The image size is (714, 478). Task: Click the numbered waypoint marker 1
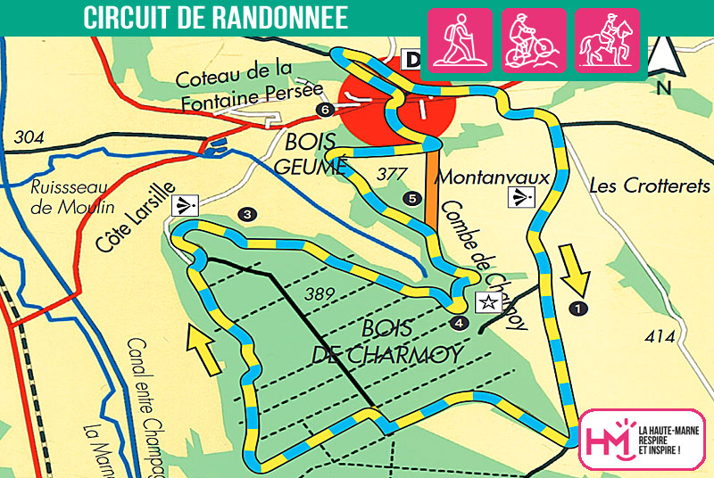pyautogui.click(x=579, y=308)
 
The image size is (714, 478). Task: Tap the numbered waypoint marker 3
pyautogui.click(x=247, y=213)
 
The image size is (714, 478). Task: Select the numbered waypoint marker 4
pyautogui.click(x=459, y=322)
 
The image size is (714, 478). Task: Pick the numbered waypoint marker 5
pyautogui.click(x=411, y=198)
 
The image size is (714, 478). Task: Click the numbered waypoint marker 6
pyautogui.click(x=324, y=110)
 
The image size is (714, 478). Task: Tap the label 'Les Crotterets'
pyautogui.click(x=650, y=186)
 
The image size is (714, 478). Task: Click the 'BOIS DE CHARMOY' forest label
pyautogui.click(x=387, y=340)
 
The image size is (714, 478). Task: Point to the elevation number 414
pyautogui.click(x=658, y=336)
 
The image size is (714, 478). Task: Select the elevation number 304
pyautogui.click(x=29, y=138)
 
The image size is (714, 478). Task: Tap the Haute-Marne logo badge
pyautogui.click(x=641, y=439)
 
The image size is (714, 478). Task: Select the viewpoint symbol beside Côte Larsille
pyautogui.click(x=185, y=205)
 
